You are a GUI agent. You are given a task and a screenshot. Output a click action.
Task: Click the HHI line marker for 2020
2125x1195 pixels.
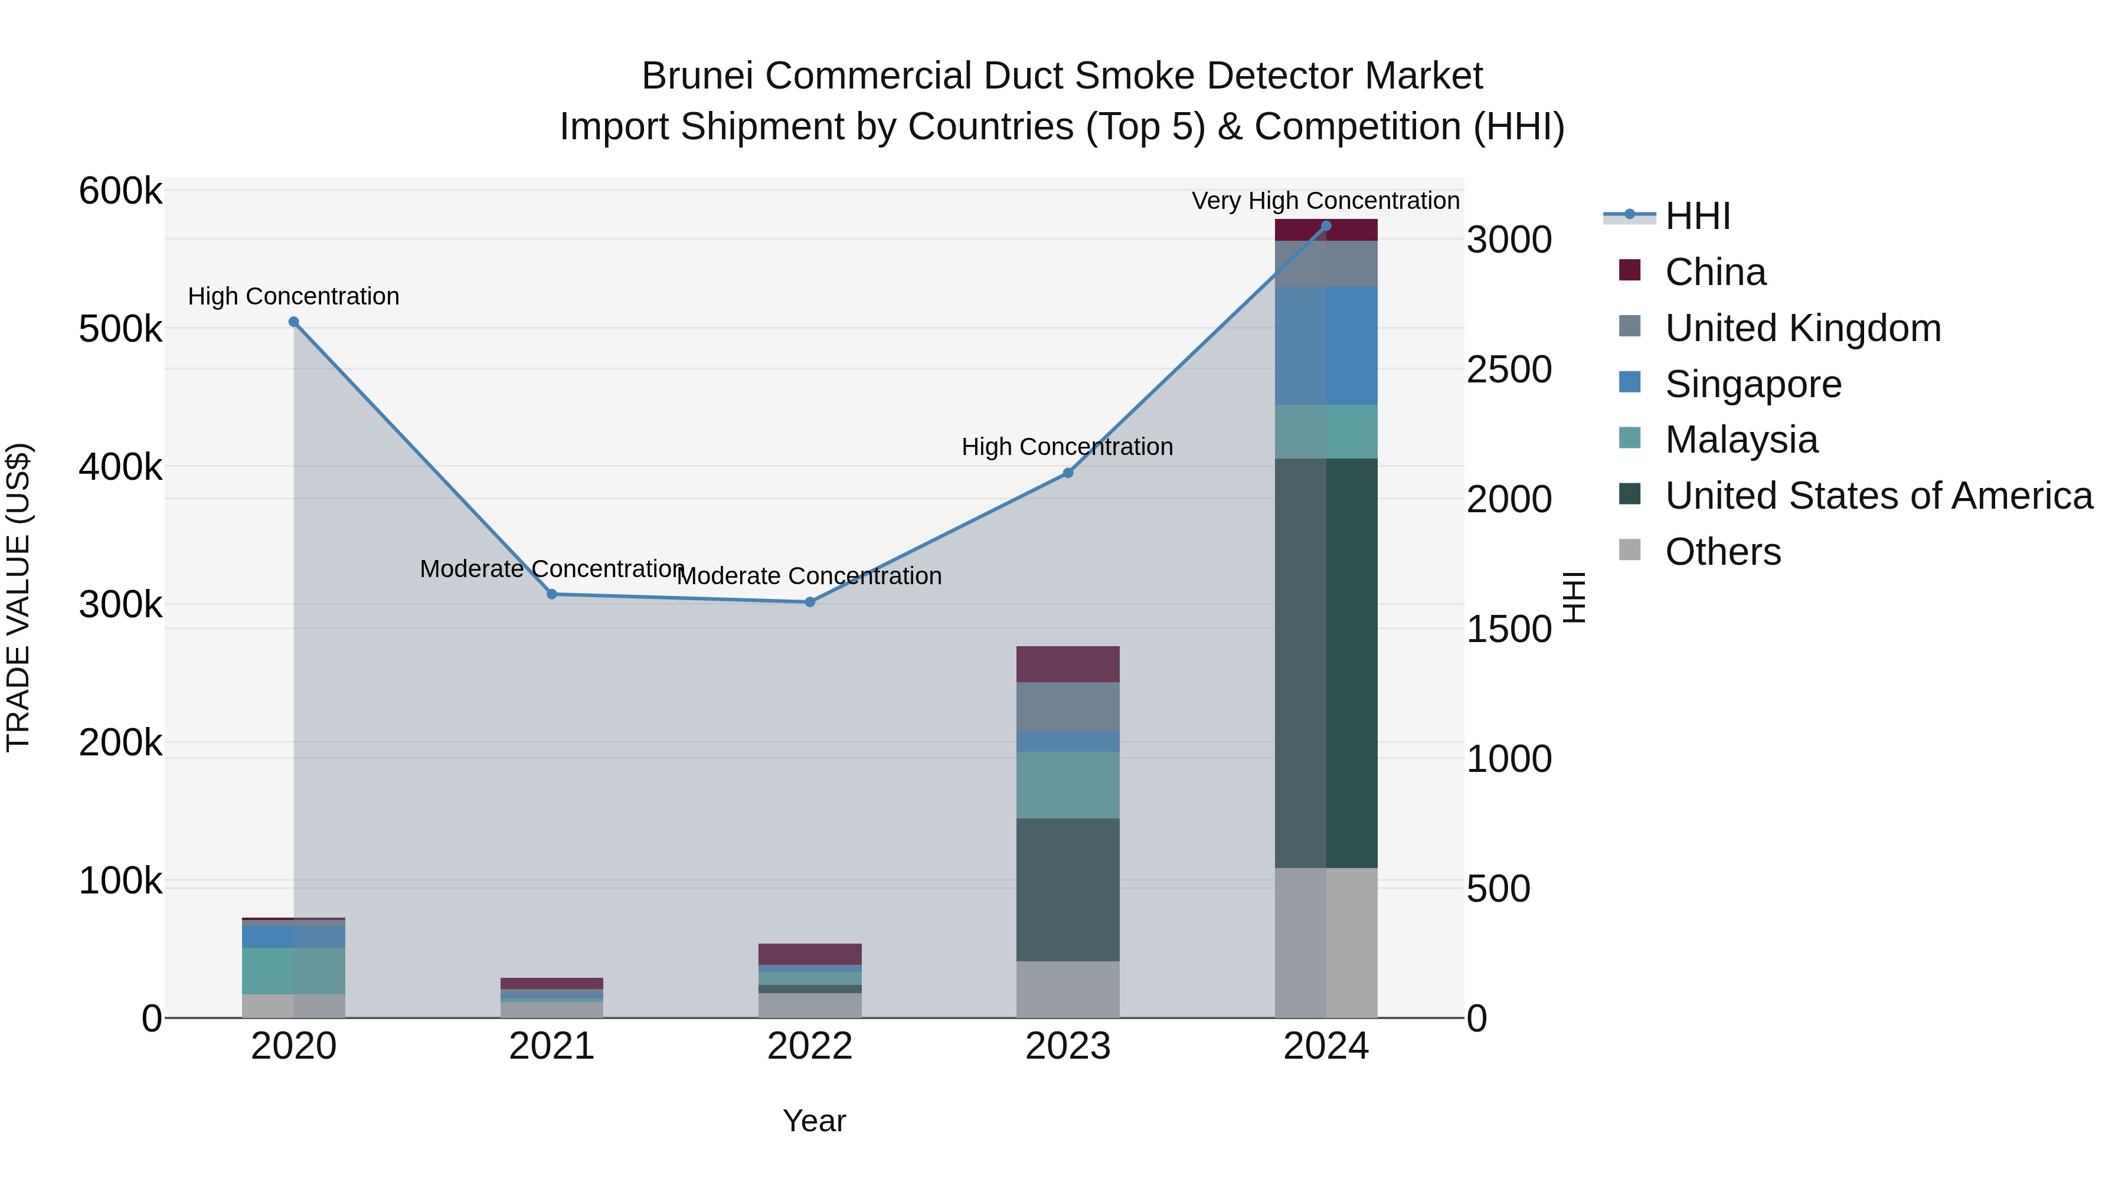coord(294,322)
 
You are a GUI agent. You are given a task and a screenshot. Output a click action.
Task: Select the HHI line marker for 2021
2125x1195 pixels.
coord(552,594)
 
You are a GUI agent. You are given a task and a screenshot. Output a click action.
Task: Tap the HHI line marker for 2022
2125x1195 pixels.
coord(810,602)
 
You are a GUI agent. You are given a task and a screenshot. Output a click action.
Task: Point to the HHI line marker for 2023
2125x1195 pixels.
coord(1067,473)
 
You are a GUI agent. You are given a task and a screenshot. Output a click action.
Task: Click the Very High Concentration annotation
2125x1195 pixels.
coord(1326,201)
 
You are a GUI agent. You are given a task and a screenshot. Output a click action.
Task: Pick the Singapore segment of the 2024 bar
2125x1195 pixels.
coord(1326,346)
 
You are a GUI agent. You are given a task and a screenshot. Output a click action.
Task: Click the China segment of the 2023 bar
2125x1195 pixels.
coord(1067,664)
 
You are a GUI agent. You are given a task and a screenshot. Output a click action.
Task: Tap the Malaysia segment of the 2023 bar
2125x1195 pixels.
coord(1067,784)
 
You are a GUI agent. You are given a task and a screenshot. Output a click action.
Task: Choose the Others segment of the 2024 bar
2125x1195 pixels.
coord(1326,942)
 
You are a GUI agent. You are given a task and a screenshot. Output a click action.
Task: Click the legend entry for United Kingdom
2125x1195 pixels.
coord(1803,328)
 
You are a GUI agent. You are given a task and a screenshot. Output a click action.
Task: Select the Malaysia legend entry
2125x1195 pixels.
coord(1741,440)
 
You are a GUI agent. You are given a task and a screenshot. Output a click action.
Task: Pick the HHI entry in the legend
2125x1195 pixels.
coord(1698,216)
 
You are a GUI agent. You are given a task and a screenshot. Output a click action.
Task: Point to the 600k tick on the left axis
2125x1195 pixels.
coord(120,191)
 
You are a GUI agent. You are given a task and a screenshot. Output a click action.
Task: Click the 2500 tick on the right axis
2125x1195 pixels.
coord(1509,369)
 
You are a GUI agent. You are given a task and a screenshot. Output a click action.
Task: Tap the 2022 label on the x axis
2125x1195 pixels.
coord(810,1046)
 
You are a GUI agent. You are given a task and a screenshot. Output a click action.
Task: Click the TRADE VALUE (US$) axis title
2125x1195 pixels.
coord(19,597)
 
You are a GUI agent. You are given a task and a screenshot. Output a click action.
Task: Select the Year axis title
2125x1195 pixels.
coord(814,1121)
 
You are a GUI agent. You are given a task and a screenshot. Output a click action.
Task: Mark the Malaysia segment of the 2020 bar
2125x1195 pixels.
coord(294,971)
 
